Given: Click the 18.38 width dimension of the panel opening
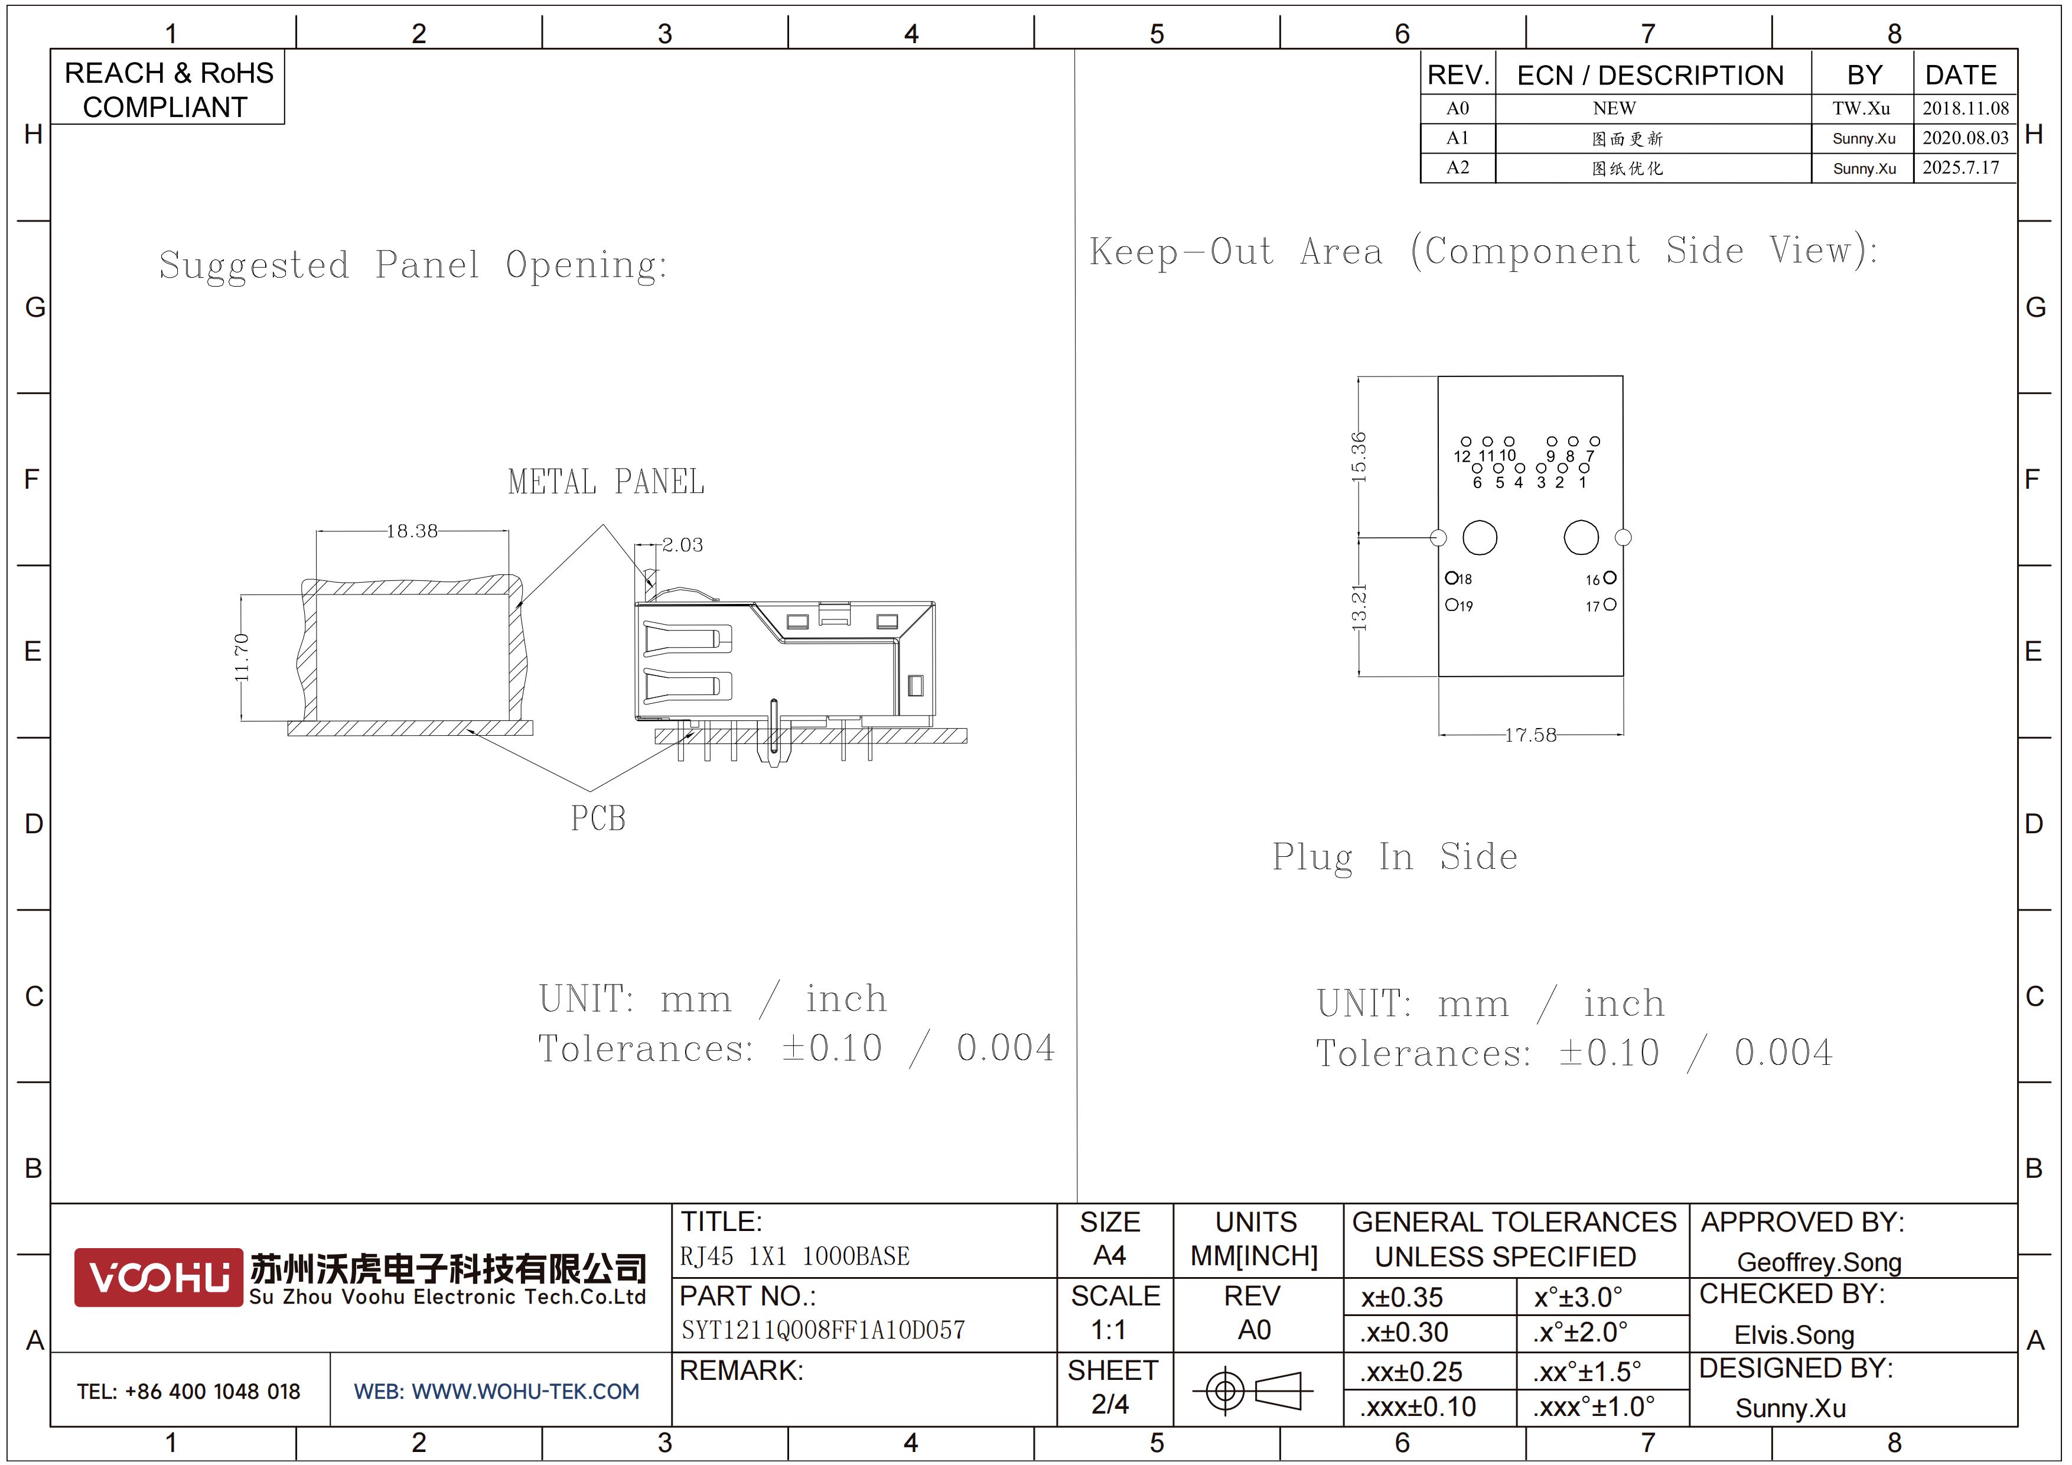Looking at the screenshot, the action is tap(412, 531).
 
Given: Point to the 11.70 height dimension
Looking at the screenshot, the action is tap(241, 657).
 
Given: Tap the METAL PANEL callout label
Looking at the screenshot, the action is tap(607, 482).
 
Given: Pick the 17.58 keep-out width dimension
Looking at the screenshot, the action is tap(1530, 735).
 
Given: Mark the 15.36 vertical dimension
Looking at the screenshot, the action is tap(1358, 457).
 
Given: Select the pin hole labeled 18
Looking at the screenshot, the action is tap(1452, 578).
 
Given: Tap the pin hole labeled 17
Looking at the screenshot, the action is tap(1610, 604).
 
